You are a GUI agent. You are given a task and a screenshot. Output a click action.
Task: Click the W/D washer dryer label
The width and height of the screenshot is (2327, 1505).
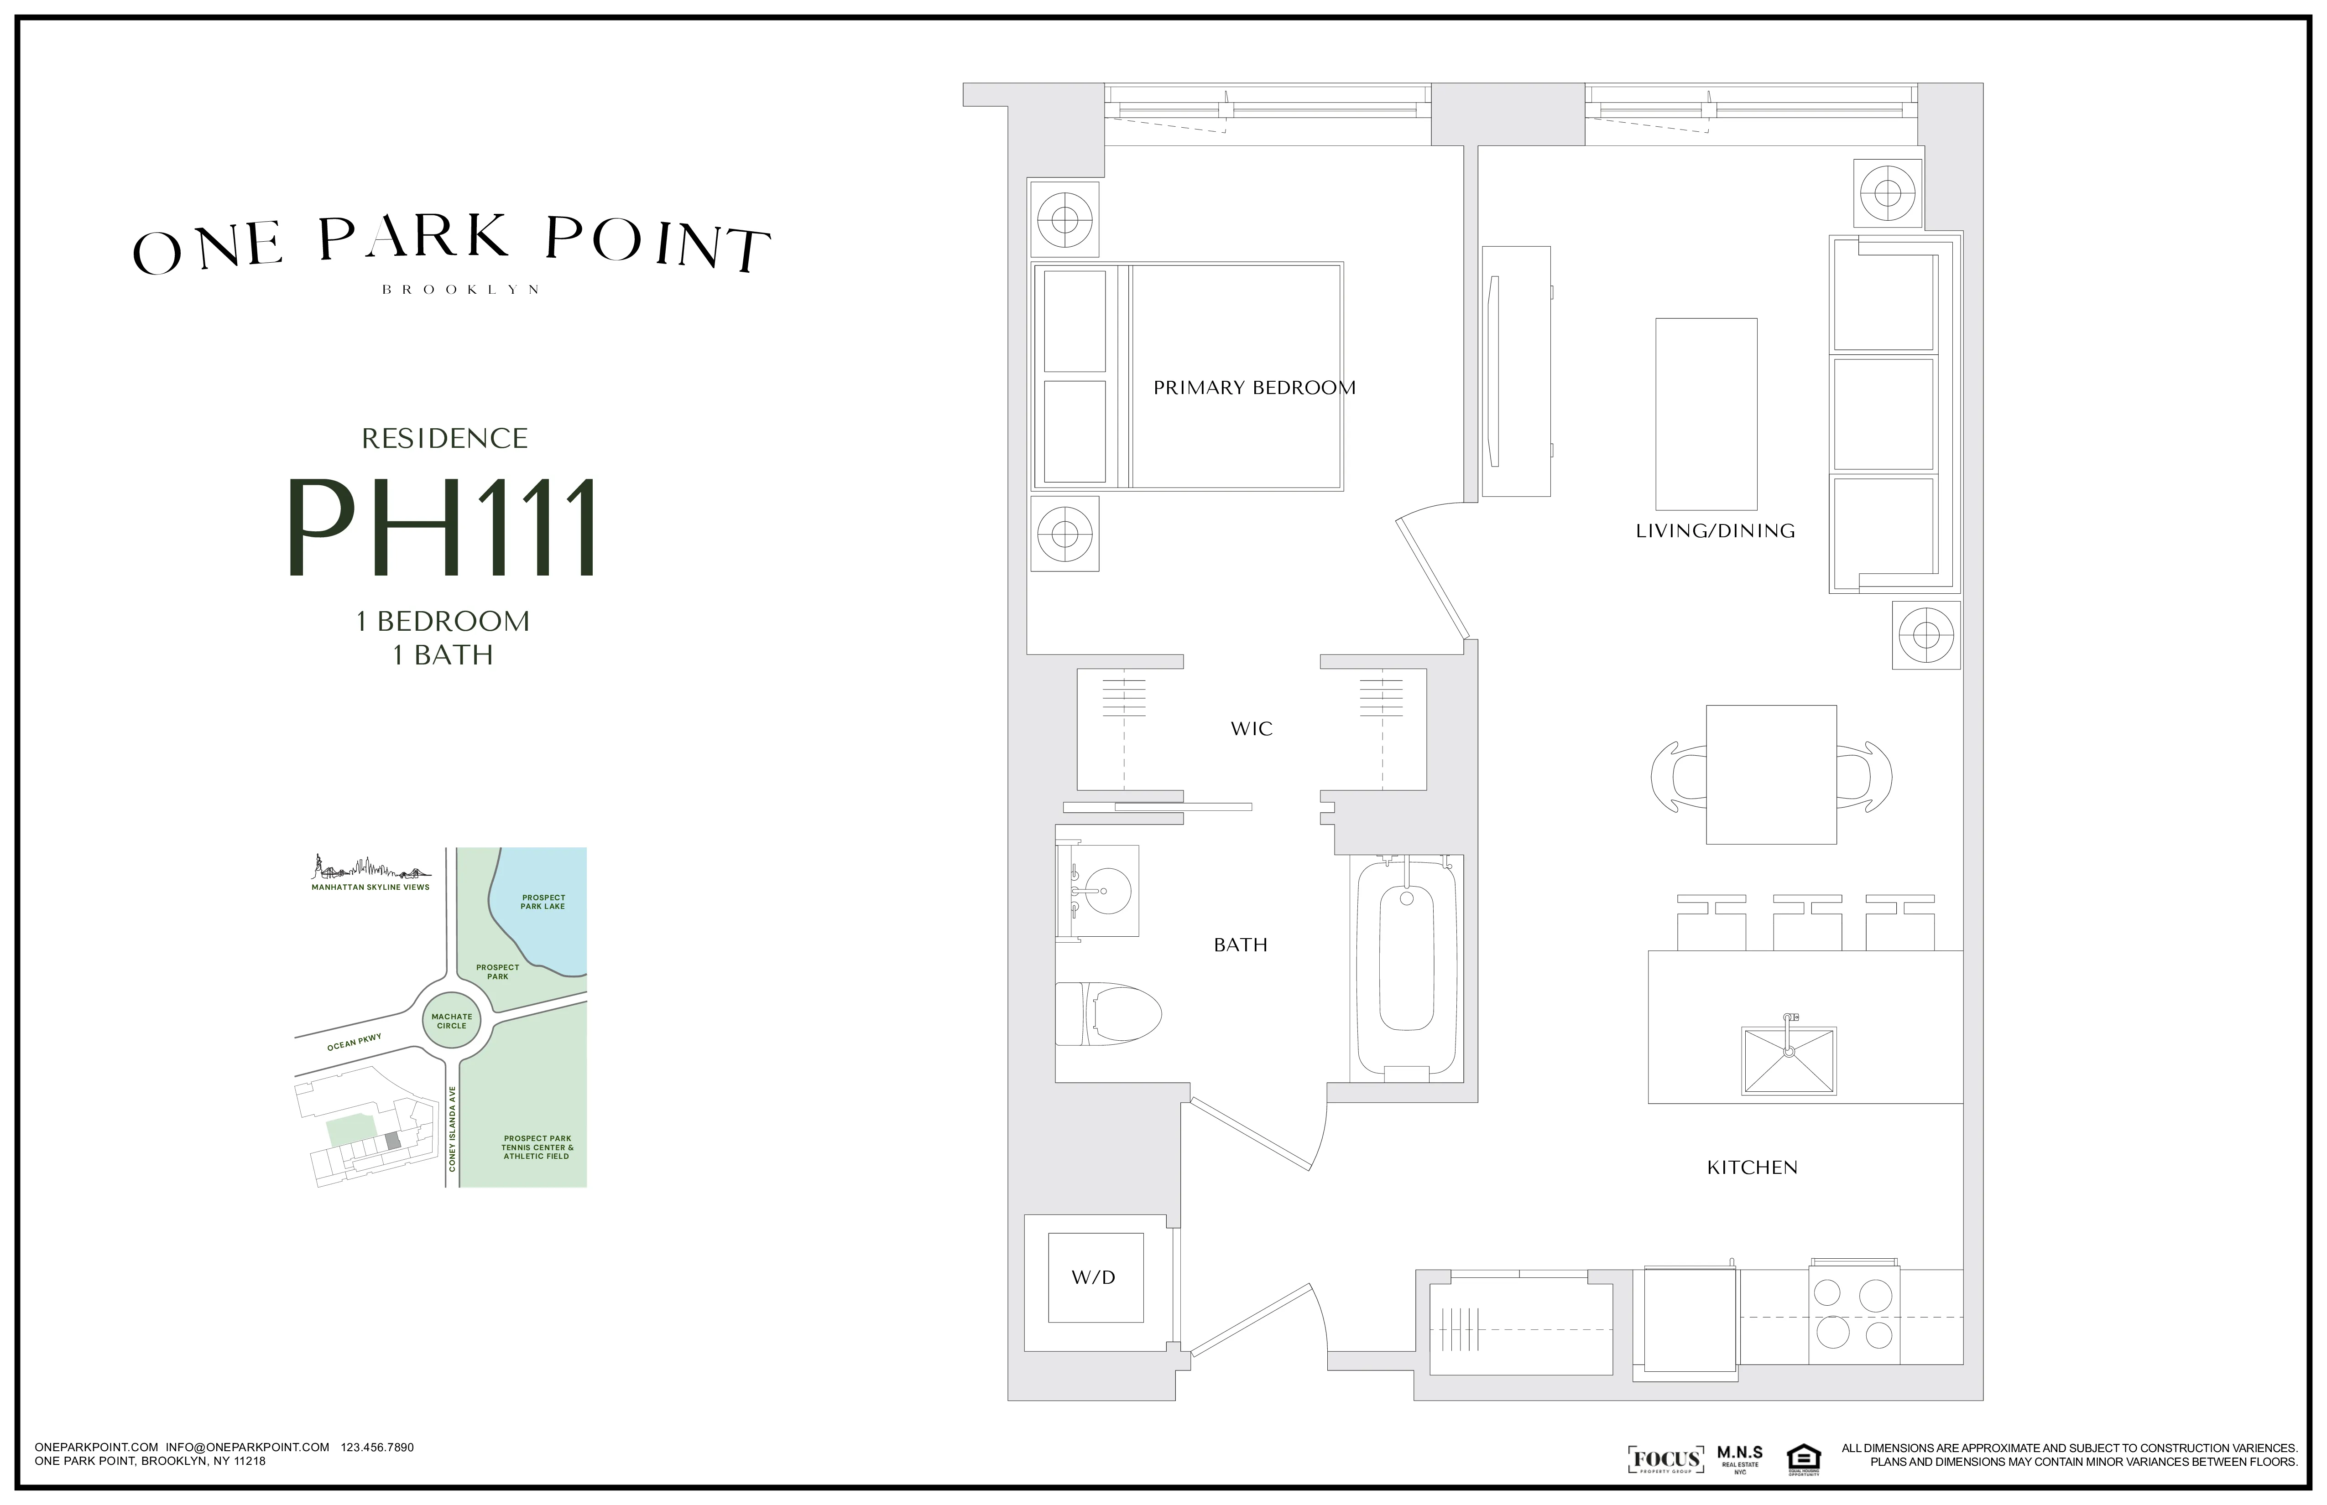click(1093, 1277)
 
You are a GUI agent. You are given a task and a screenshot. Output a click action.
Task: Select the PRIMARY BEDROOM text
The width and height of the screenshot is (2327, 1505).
click(1254, 388)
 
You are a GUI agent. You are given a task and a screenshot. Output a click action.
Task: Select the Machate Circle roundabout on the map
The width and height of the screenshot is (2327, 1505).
click(452, 1021)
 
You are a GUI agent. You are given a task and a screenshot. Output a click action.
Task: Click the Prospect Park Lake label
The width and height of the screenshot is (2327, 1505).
click(543, 901)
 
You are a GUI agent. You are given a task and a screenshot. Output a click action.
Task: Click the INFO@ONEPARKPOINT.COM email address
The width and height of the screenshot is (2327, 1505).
click(247, 1448)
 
